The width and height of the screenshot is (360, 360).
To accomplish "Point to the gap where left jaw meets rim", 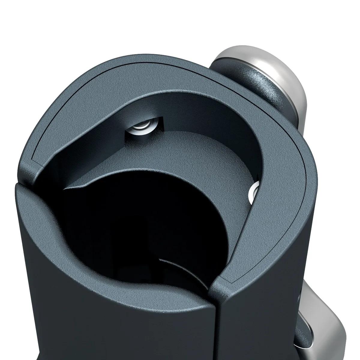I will click(22, 177).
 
